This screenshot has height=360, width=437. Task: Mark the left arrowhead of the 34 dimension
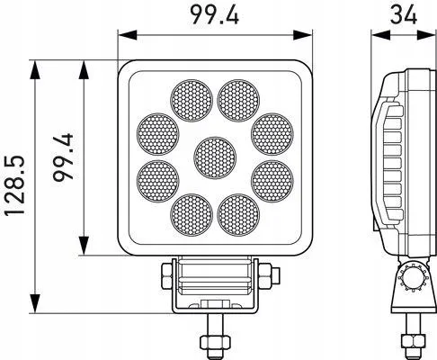pos(376,35)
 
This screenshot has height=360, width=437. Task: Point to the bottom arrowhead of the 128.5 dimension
pos(34,302)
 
